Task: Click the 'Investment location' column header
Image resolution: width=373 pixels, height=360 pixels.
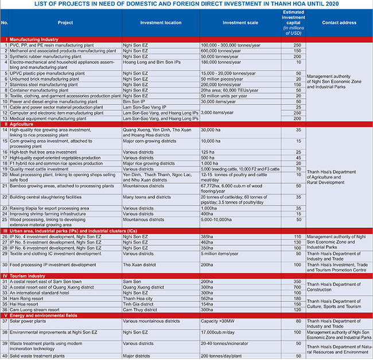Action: click(161, 24)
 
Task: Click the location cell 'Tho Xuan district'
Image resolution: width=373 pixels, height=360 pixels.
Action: click(141, 265)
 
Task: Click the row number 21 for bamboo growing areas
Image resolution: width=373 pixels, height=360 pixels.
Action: click(5, 186)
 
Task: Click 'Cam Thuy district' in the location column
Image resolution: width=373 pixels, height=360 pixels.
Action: click(142, 309)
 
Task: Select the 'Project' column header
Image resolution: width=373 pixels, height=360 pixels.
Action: click(65, 24)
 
